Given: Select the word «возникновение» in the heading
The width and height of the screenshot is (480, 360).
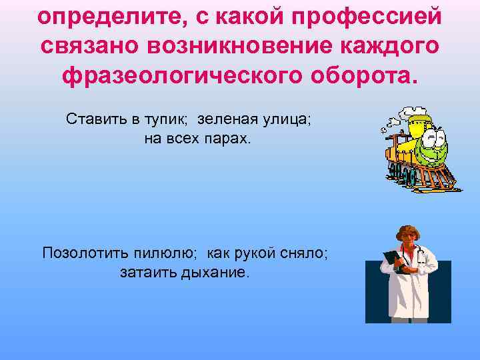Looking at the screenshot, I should [x=219, y=47].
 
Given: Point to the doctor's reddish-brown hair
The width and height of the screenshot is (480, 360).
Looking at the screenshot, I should [x=408, y=232].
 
